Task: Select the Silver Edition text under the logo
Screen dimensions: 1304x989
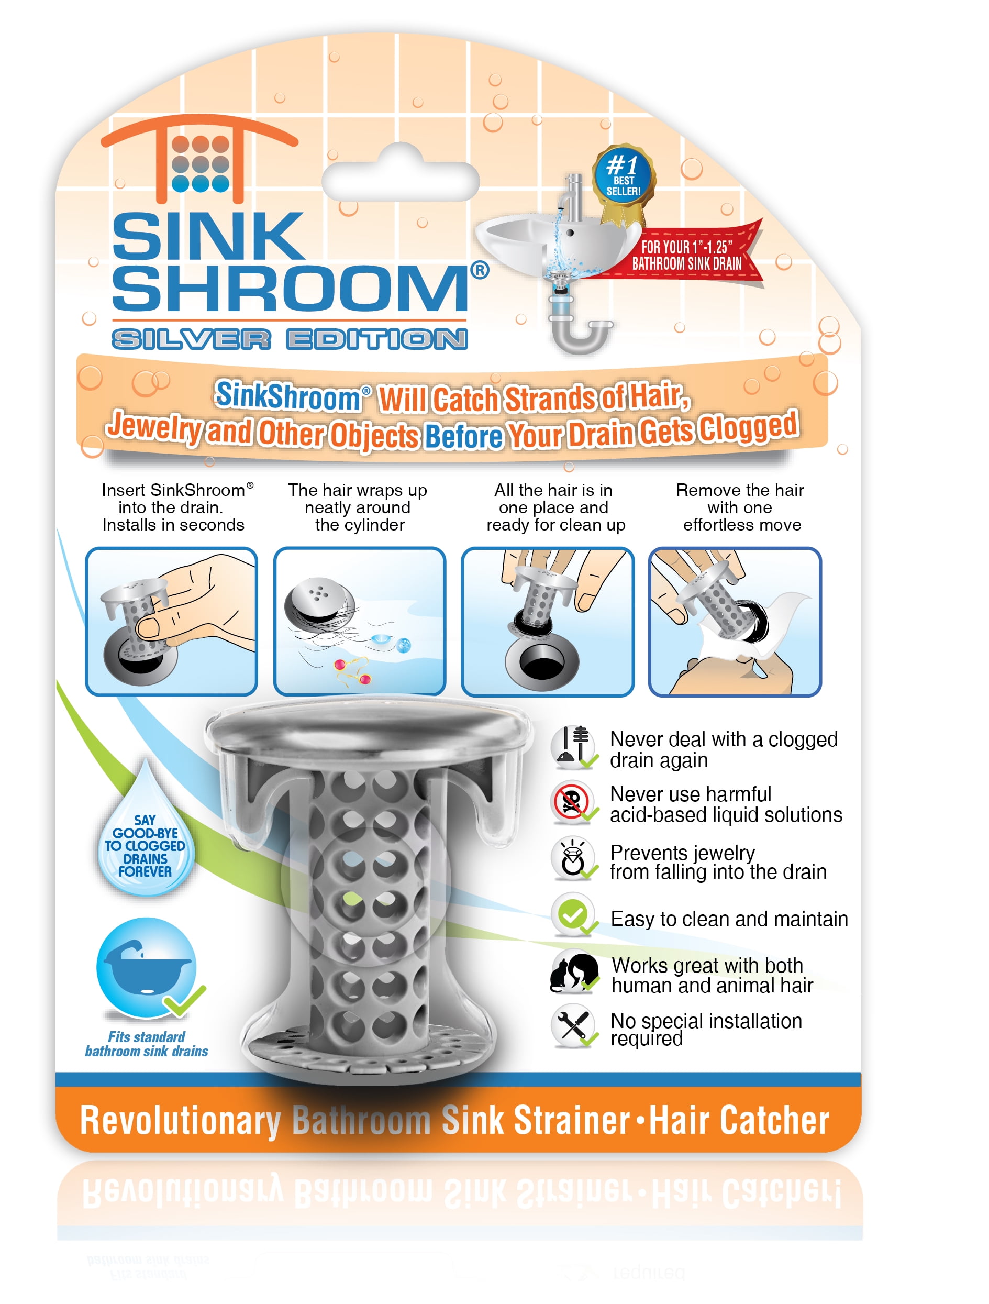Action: click(290, 339)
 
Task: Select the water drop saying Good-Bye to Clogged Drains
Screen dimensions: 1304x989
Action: click(146, 840)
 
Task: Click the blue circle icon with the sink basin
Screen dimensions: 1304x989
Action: click(147, 967)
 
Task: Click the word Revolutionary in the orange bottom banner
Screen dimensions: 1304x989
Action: click(180, 1121)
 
